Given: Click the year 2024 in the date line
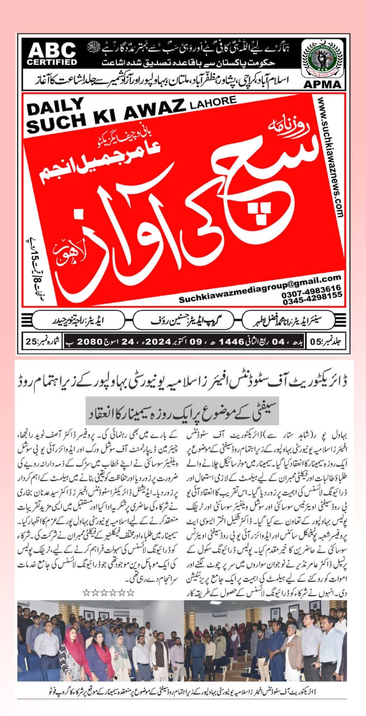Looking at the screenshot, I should [196, 341].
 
